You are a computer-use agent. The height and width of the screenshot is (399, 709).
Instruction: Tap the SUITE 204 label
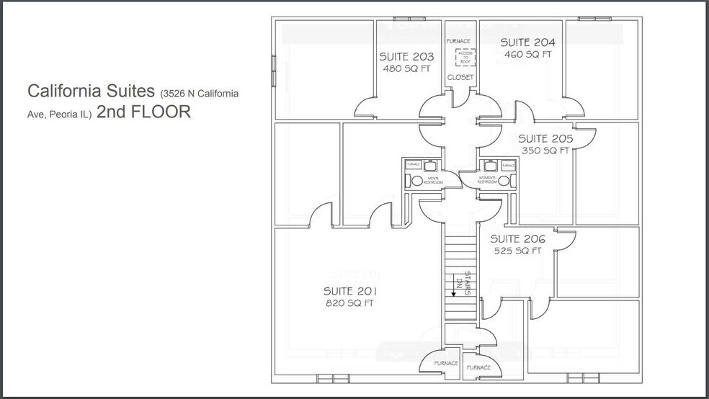528,42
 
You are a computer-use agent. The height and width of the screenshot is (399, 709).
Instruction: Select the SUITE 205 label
545,138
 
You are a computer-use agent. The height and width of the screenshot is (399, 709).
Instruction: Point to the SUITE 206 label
517,239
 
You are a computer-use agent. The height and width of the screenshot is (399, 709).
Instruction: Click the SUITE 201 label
349,291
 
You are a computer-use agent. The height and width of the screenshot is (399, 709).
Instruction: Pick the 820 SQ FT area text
349,303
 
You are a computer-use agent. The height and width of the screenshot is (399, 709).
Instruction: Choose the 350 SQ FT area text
545,151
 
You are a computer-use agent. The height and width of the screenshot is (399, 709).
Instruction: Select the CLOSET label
460,77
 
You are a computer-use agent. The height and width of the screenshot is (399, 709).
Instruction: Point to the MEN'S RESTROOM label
433,179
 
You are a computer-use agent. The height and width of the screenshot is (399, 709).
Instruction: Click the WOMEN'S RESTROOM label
486,179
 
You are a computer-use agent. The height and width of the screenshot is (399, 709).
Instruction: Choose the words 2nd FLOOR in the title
143,112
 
